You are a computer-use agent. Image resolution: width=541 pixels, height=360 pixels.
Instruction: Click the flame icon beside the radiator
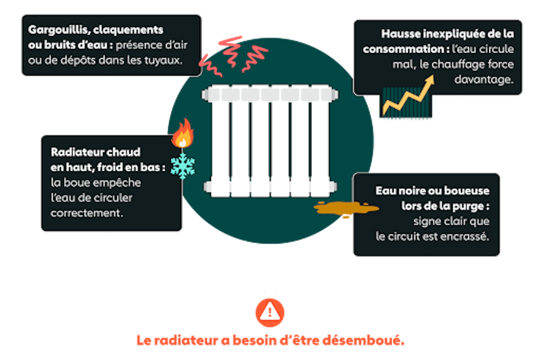183,133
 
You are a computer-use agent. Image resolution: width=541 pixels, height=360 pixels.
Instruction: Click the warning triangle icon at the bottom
270,311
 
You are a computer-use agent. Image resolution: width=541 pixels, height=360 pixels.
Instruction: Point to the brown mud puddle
341,208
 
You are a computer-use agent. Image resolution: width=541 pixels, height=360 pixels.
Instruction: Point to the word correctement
87,213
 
